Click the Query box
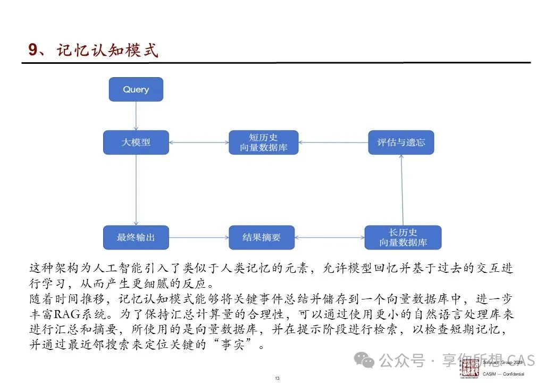coord(136,89)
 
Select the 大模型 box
coord(136,143)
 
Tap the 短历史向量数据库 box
coord(263,143)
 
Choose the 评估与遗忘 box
coord(400,143)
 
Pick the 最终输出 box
coord(136,237)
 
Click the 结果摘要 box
coord(261,237)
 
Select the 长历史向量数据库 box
coord(403,237)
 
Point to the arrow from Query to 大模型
coord(136,116)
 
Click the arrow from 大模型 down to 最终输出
coord(136,190)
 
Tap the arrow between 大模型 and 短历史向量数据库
coord(199,143)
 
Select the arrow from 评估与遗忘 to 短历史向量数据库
coord(333,143)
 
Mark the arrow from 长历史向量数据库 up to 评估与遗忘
coord(402,190)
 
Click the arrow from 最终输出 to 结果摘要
coord(199,237)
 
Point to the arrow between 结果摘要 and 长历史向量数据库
coord(329,237)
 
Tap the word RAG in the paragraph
coord(65,314)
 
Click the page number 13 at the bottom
coord(277,378)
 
